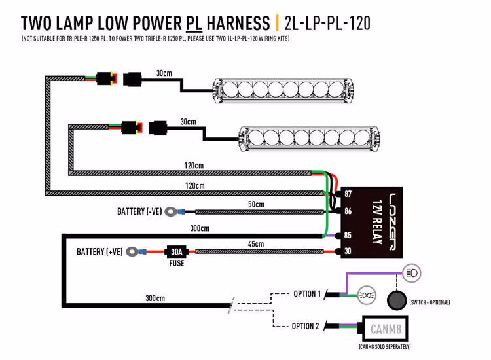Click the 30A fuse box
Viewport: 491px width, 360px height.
point(176,251)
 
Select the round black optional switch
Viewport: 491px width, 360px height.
point(396,300)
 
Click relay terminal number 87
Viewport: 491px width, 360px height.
point(348,195)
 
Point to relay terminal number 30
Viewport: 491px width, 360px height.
point(348,251)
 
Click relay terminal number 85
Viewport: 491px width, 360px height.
point(348,235)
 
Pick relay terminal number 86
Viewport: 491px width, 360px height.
point(348,211)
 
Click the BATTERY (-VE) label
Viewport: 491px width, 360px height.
point(139,211)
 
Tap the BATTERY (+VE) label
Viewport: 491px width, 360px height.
point(100,251)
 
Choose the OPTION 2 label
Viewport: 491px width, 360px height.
point(305,326)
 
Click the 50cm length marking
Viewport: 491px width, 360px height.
point(256,204)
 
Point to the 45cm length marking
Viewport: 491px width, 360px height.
point(256,244)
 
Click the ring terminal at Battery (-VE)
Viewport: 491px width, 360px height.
point(172,211)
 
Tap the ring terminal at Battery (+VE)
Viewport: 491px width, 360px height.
point(134,251)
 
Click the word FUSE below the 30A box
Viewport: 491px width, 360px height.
point(176,264)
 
